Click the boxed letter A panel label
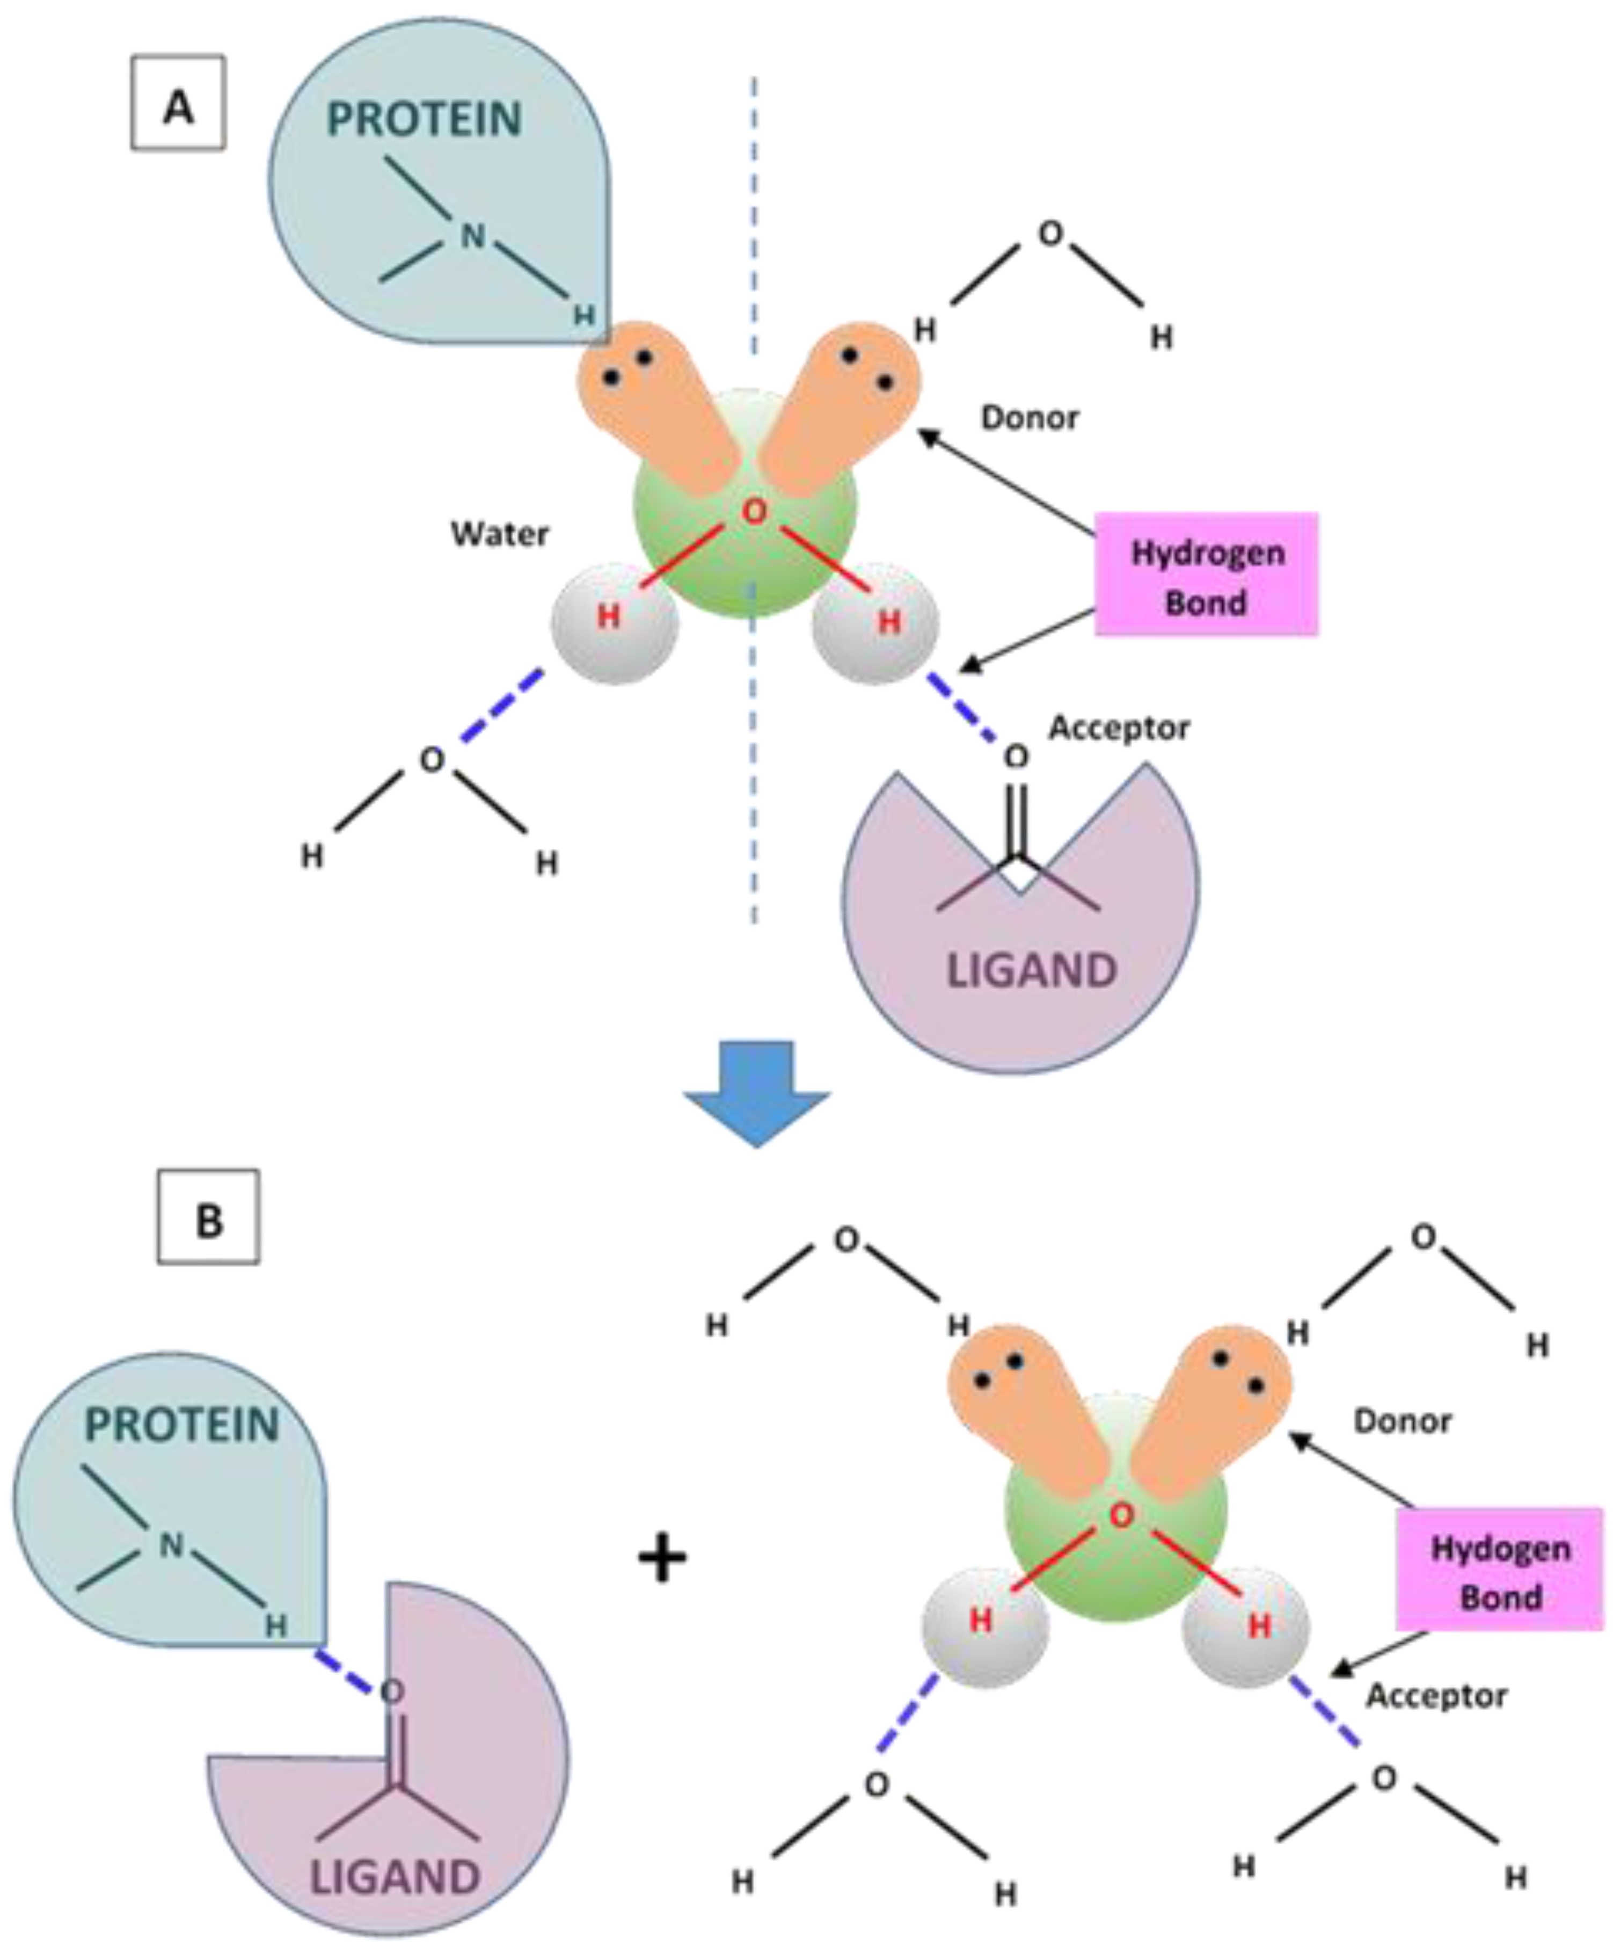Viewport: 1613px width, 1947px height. coord(178,103)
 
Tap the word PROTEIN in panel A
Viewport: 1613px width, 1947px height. coord(425,120)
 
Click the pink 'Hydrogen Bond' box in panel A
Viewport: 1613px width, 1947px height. coord(1206,575)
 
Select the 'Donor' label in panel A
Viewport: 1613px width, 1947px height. coord(1030,418)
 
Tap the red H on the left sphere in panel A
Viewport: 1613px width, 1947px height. coord(608,616)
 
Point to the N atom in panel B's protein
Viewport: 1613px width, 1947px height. coord(171,1545)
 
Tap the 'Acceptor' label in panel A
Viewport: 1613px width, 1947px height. coord(1119,728)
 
